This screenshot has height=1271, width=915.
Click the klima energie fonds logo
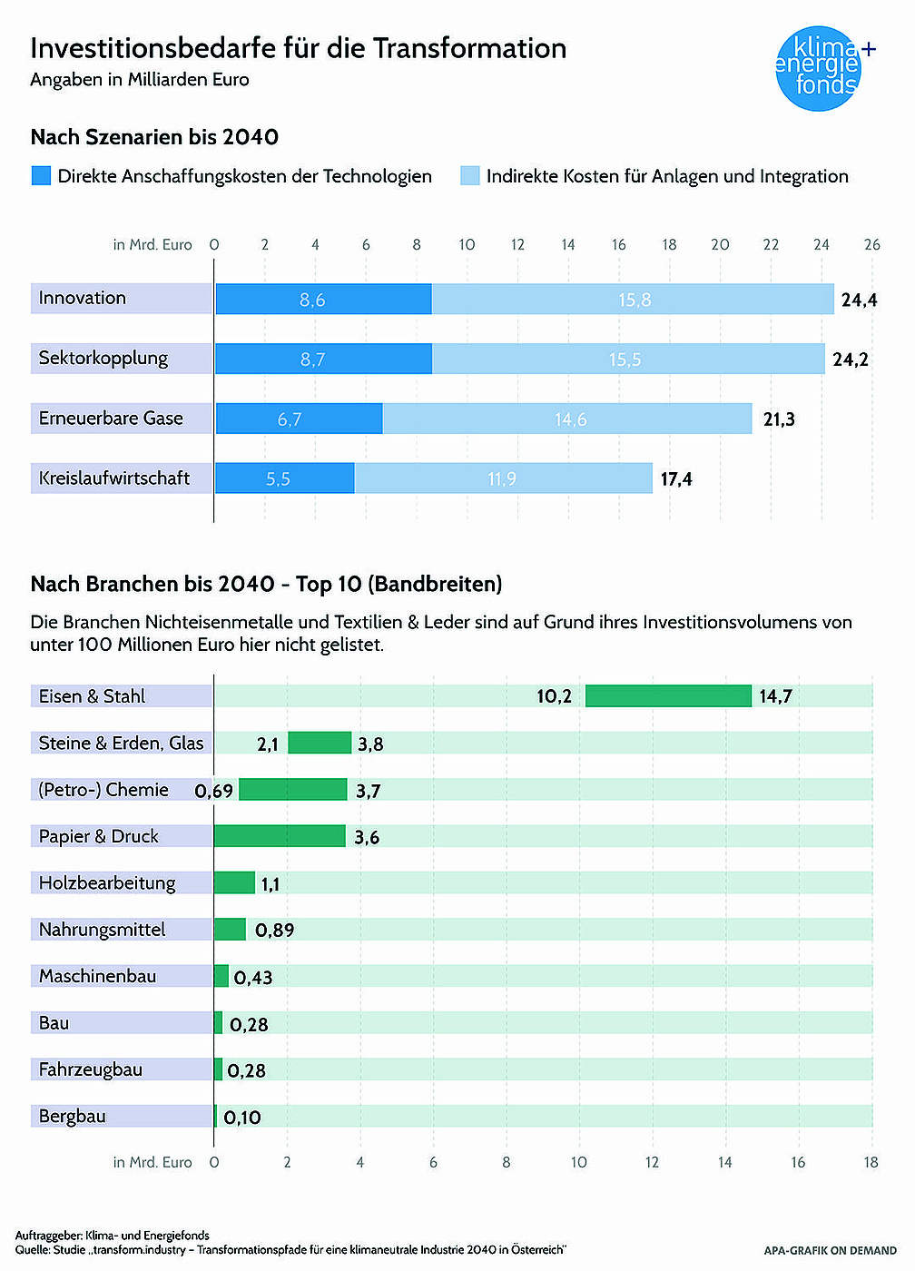point(819,69)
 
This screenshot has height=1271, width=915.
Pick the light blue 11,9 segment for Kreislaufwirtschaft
point(503,478)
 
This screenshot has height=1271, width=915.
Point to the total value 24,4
point(859,301)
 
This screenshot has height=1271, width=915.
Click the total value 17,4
point(676,479)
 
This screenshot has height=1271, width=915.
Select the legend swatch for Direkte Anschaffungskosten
point(41,176)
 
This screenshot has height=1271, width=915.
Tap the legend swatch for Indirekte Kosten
point(469,176)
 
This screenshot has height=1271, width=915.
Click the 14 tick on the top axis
point(568,244)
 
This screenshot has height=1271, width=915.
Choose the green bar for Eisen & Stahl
point(668,696)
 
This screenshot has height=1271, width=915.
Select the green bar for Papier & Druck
point(280,836)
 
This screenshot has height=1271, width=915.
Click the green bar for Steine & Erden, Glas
point(320,743)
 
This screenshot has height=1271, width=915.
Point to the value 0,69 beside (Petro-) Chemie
point(214,791)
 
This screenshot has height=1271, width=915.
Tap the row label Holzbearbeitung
point(107,883)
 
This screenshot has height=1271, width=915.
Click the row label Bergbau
point(73,1117)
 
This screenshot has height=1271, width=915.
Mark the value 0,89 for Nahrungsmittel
point(274,931)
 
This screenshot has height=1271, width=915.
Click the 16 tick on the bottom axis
point(798,1162)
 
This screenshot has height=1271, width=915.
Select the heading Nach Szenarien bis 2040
point(154,137)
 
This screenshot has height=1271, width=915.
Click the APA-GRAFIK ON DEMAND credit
point(830,1251)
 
